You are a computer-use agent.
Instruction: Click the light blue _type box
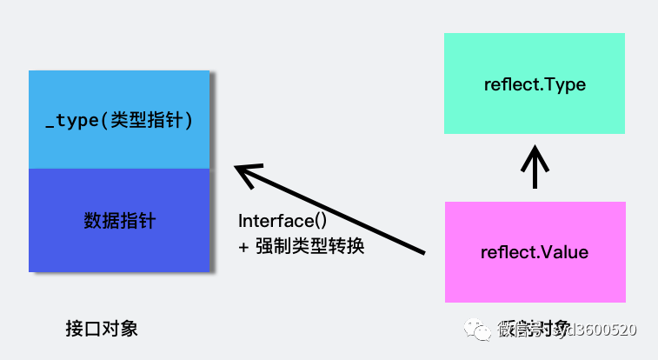point(119,119)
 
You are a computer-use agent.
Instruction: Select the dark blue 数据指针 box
point(119,220)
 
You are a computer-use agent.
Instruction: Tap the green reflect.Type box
point(534,83)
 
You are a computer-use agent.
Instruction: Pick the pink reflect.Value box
point(534,252)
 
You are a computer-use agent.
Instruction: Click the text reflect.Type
point(534,85)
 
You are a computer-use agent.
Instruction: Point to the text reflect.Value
point(534,253)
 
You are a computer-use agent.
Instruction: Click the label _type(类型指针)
point(119,121)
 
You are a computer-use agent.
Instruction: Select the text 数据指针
point(119,221)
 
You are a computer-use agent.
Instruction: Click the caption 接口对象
point(102,329)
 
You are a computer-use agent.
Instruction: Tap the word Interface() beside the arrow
point(282,223)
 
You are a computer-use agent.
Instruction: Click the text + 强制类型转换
point(301,246)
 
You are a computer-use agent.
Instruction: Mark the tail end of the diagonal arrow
point(422,252)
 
